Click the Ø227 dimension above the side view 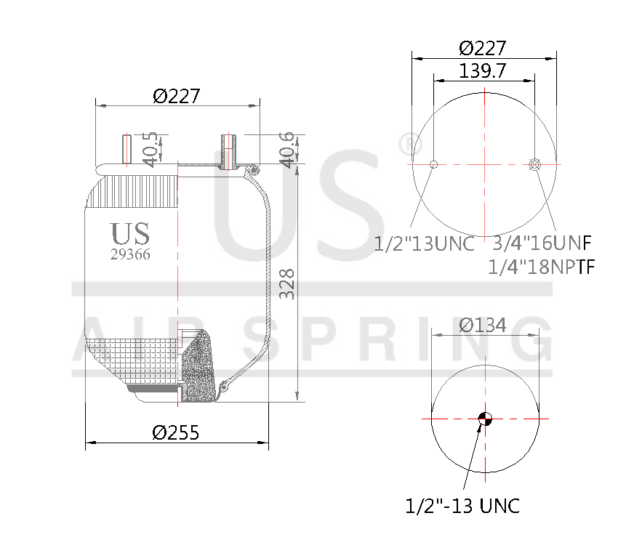click(x=176, y=95)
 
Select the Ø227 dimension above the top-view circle click(x=483, y=48)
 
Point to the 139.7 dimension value click(x=483, y=70)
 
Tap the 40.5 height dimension click(x=150, y=149)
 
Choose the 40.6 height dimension click(x=288, y=149)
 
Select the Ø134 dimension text click(x=483, y=325)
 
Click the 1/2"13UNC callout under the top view click(x=424, y=243)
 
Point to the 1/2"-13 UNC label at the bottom click(x=462, y=506)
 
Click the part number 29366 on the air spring click(x=130, y=254)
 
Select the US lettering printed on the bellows click(x=130, y=234)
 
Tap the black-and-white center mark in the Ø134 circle click(x=485, y=418)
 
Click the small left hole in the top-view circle click(x=433, y=164)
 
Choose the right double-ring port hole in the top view click(x=536, y=164)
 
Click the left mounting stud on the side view click(x=127, y=149)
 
